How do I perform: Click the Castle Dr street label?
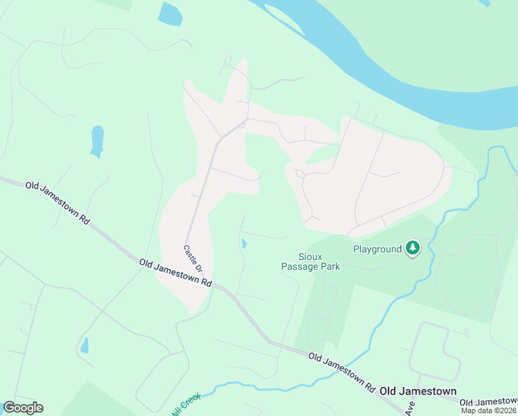click(x=193, y=258)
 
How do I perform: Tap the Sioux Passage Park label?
click(x=310, y=261)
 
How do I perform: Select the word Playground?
click(x=377, y=249)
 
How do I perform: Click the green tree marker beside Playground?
click(x=413, y=248)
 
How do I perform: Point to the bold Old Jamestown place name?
click(x=418, y=391)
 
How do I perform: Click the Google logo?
click(x=23, y=408)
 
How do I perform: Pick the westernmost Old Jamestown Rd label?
click(x=57, y=202)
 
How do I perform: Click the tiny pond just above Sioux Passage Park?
click(x=244, y=243)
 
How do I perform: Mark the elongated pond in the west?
click(x=97, y=141)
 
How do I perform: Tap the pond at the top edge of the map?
click(x=170, y=14)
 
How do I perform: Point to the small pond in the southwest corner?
click(x=84, y=345)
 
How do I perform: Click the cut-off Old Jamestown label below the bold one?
click(x=488, y=402)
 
